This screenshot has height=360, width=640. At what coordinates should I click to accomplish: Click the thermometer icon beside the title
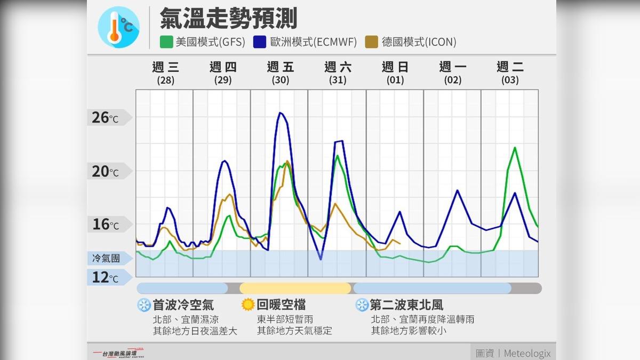[118, 28]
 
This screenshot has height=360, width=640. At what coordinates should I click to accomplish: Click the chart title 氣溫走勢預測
[228, 19]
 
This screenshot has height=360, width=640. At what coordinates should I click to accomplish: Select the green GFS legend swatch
[166, 42]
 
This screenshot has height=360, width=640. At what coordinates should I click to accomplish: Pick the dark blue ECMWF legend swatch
[260, 42]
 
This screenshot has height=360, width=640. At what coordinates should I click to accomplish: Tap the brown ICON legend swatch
[372, 42]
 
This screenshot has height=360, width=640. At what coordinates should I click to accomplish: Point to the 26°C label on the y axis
[106, 117]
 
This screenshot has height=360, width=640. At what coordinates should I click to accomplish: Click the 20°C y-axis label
[106, 171]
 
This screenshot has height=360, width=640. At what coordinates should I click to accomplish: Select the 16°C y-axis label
[106, 225]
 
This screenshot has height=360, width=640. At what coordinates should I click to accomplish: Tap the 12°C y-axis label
[106, 277]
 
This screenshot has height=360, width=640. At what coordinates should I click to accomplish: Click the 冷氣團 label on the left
[106, 259]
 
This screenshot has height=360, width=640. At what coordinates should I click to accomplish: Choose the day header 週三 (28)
[165, 73]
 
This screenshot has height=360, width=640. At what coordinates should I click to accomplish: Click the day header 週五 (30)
[280, 73]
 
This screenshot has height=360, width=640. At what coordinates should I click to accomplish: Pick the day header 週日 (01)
[395, 73]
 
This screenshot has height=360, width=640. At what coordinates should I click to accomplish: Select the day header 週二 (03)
[510, 73]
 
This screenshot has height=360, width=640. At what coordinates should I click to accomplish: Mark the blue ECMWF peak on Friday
[280, 113]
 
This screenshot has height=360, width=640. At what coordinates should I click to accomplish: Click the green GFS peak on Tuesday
[515, 148]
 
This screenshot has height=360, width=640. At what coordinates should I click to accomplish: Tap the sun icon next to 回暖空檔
[248, 305]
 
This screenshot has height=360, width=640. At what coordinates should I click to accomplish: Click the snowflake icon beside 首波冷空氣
[144, 305]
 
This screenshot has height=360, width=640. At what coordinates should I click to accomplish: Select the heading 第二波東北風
[406, 305]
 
